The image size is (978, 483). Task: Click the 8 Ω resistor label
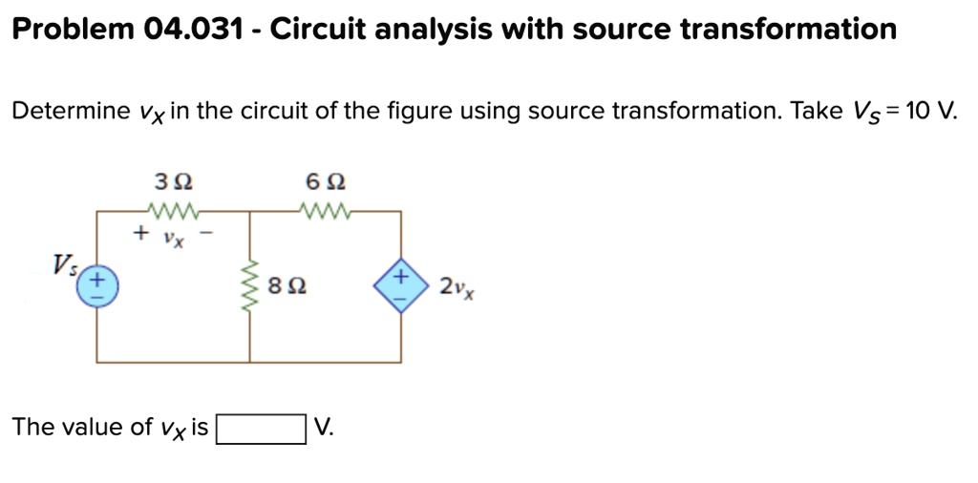286,287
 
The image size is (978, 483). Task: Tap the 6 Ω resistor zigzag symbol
326,212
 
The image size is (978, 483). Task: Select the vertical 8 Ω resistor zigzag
250,286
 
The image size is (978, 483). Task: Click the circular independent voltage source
97,289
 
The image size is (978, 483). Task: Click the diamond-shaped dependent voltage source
401,286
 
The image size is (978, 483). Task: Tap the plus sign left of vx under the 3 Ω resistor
141,234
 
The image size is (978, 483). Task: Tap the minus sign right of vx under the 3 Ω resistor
209,234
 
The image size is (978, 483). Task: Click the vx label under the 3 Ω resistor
174,240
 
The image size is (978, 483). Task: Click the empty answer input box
261,430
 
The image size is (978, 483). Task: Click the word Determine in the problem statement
71,111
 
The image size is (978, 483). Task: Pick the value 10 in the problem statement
915,111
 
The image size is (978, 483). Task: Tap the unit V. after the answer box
325,427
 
